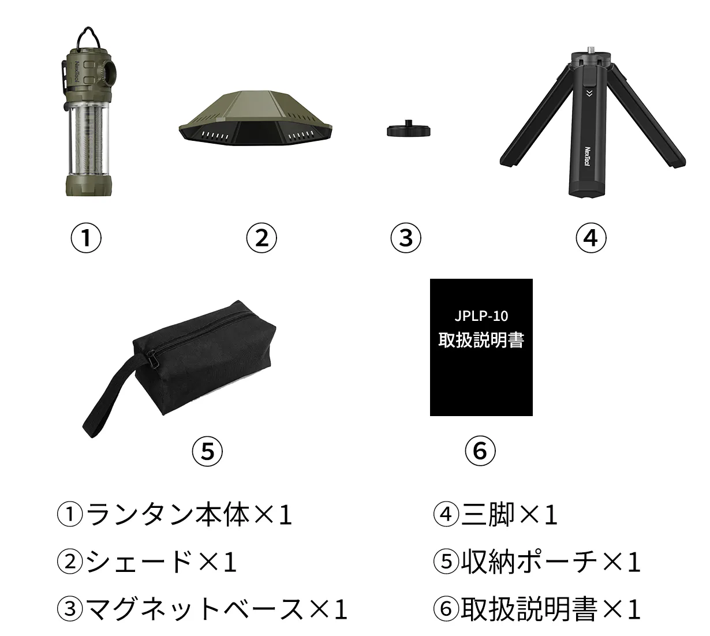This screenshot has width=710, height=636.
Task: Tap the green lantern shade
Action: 255,118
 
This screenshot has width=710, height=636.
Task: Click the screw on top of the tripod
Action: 591,48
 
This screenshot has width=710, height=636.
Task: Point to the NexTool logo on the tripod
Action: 588,156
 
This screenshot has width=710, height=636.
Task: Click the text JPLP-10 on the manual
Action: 481,316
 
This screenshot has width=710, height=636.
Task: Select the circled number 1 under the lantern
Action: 86,238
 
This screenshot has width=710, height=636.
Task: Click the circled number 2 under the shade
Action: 261,238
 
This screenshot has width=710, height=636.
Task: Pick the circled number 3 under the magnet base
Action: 406,238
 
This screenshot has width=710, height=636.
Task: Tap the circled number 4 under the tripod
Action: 591,238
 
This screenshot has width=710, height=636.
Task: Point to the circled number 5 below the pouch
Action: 207,451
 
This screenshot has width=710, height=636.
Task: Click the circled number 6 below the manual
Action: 480,451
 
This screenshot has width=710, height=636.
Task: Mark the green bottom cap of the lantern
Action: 88,185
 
